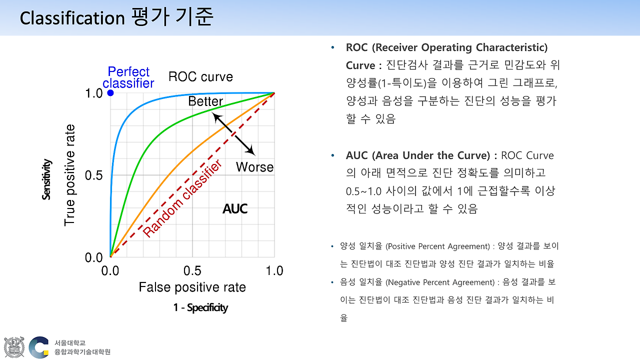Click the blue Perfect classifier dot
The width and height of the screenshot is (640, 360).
pos(110,93)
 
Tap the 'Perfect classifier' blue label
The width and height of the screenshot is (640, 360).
pos(128,77)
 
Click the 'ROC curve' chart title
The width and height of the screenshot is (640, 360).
pos(200,77)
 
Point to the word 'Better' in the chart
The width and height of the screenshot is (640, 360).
pos(205,101)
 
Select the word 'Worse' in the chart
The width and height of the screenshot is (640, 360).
pos(254,167)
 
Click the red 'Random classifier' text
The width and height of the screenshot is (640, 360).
pos(182,199)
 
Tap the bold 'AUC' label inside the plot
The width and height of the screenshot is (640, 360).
pos(235,209)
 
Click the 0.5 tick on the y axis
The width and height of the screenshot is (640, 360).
pos(93,175)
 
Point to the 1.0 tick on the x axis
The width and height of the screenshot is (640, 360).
pos(274,271)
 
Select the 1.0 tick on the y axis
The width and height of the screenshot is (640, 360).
pos(93,93)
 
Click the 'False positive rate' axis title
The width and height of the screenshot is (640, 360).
pos(192,287)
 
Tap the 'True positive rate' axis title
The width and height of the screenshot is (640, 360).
pos(70,175)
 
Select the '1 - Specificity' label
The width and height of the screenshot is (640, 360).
pos(200,307)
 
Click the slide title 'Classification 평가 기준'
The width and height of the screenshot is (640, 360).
pos(116,17)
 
